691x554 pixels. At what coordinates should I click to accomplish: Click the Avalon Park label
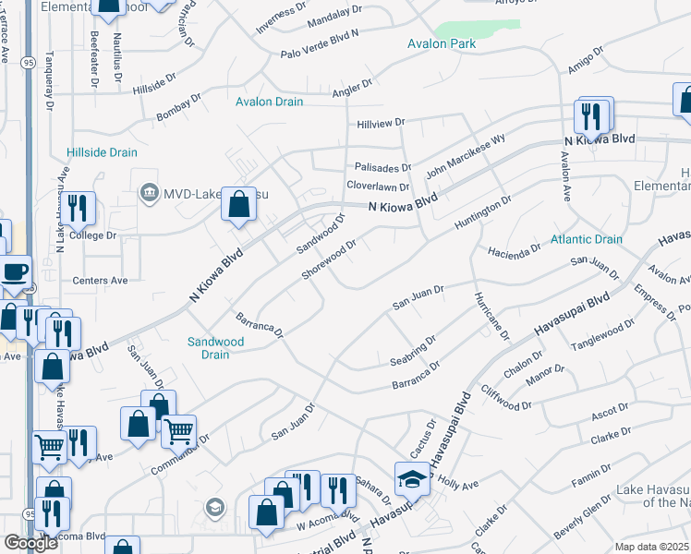[x=442, y=43]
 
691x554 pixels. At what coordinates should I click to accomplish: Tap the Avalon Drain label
[x=269, y=102]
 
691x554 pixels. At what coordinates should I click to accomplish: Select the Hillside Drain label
[x=102, y=152]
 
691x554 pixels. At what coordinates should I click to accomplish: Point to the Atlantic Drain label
[x=587, y=239]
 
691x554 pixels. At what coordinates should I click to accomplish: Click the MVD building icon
[x=148, y=192]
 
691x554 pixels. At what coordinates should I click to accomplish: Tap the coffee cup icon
[x=14, y=271]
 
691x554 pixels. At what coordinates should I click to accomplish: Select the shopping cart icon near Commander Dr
[x=178, y=428]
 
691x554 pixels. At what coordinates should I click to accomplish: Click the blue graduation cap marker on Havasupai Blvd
[x=412, y=478]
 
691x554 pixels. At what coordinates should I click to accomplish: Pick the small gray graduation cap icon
[x=215, y=507]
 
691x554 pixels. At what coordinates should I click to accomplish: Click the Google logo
[x=30, y=543]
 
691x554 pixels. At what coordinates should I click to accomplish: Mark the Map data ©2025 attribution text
[x=652, y=547]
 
